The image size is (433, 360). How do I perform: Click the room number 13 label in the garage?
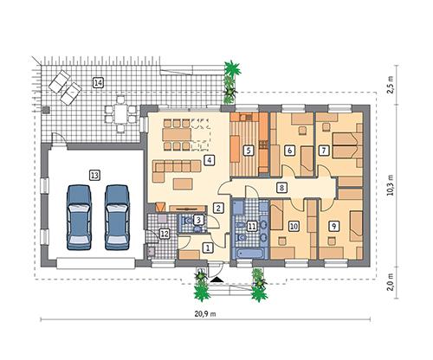pyautogui.click(x=94, y=174)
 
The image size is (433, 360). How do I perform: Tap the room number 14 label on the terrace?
pyautogui.click(x=98, y=82)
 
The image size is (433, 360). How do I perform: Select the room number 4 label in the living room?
pyautogui.click(x=208, y=160)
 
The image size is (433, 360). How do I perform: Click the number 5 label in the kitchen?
pyautogui.click(x=249, y=150)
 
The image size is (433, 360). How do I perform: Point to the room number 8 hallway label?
pyautogui.click(x=281, y=187)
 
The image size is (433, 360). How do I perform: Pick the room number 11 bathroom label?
pyautogui.click(x=252, y=226)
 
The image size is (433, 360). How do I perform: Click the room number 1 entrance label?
pyautogui.click(x=206, y=247)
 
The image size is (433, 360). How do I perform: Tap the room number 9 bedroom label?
pyautogui.click(x=333, y=226)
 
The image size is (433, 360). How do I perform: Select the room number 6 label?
pyautogui.click(x=289, y=150)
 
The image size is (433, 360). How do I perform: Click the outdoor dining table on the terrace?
pyautogui.click(x=119, y=111)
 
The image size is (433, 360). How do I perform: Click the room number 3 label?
pyautogui.click(x=198, y=221)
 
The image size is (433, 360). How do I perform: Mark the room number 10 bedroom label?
pyautogui.click(x=294, y=226)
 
